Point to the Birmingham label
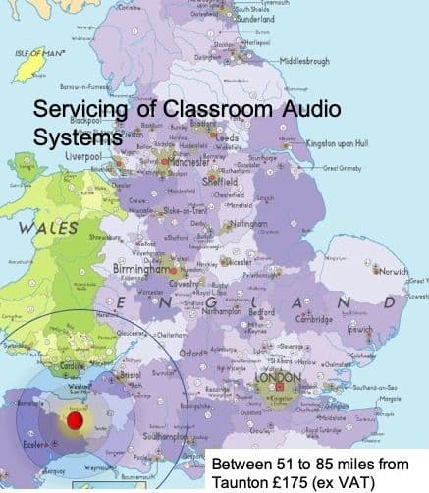[x=139, y=268]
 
